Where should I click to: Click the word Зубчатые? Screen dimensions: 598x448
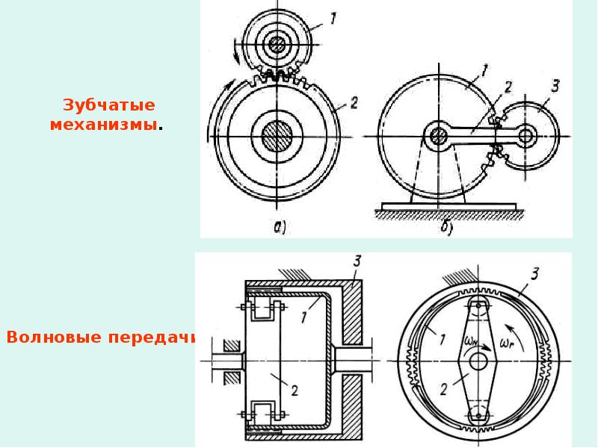point(109,105)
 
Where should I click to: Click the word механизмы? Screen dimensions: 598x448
point(104,125)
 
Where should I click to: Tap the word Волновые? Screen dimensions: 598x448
point(53,337)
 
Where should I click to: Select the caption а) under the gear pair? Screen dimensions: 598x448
point(280,228)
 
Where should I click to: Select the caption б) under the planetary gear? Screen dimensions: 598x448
point(446,228)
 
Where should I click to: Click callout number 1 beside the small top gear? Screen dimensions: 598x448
point(333,18)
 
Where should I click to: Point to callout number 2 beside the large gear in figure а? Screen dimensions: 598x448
point(354,102)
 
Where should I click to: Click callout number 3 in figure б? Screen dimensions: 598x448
point(555,86)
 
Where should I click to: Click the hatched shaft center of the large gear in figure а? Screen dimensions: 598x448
point(277,136)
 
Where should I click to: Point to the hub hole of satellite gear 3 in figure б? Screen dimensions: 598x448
point(527,136)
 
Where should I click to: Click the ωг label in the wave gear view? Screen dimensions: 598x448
point(507,343)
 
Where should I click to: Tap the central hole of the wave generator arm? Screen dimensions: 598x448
point(478,361)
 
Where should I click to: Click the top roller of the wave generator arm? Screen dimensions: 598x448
point(478,305)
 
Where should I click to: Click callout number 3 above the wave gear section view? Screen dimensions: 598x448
point(357,261)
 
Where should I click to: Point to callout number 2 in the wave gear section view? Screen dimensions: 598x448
point(294,390)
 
